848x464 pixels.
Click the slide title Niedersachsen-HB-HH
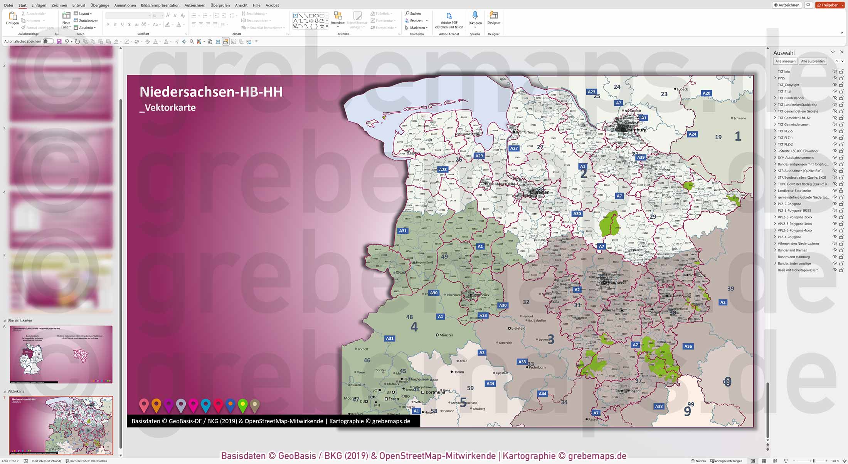pyautogui.click(x=211, y=92)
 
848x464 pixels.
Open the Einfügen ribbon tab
pyautogui.click(x=39, y=5)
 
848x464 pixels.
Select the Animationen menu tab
pyautogui.click(x=125, y=5)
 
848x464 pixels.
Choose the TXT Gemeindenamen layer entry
pyautogui.click(x=793, y=124)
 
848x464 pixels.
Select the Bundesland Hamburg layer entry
pyautogui.click(x=793, y=257)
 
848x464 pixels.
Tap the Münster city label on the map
pyautogui.click(x=446, y=335)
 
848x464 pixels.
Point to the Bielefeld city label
pyautogui.click(x=518, y=328)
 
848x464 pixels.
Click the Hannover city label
pyautogui.click(x=616, y=282)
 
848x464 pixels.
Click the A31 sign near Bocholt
pyautogui.click(x=390, y=338)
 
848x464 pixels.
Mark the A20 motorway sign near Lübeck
pyautogui.click(x=706, y=93)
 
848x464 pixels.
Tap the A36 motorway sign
pyautogui.click(x=688, y=346)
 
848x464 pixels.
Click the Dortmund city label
pyautogui.click(x=435, y=392)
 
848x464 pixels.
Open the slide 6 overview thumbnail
pyautogui.click(x=61, y=354)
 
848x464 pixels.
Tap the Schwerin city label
pyautogui.click(x=739, y=118)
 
